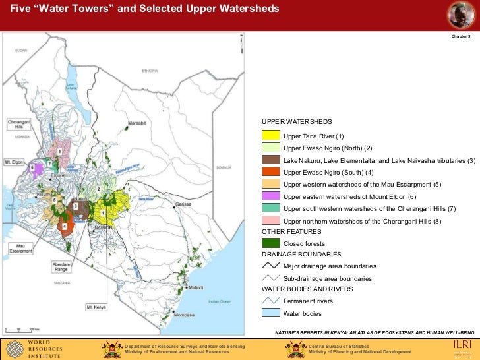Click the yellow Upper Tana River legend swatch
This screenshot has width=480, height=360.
click(271, 136)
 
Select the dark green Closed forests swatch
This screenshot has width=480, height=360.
click(271, 243)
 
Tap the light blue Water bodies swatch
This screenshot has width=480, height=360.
click(271, 313)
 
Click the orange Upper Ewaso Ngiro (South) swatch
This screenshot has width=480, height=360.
click(271, 172)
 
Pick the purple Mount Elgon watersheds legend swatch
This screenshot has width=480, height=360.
click(271, 196)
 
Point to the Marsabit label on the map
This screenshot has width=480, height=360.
click(136, 123)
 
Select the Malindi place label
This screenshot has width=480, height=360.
click(196, 288)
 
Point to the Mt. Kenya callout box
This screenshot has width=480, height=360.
click(96, 307)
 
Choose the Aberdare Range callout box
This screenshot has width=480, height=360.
click(61, 266)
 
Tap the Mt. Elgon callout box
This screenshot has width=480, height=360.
click(14, 161)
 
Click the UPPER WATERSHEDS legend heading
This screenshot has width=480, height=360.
click(296, 122)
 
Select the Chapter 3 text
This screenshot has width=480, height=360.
click(460, 36)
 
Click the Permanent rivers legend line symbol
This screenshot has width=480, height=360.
click(271, 301)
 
